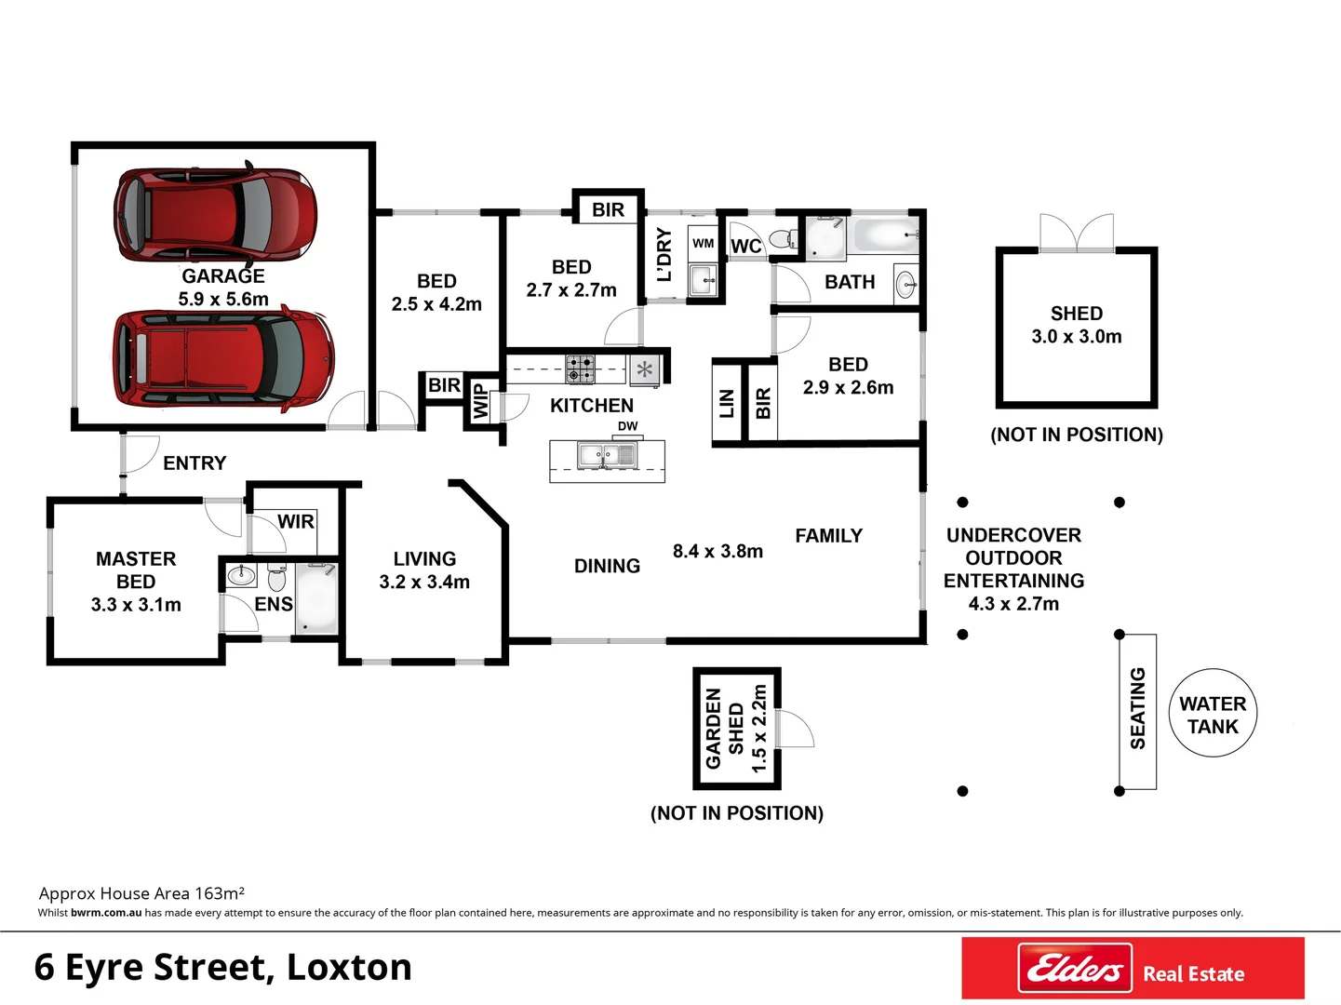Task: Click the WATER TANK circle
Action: pyautogui.click(x=1213, y=715)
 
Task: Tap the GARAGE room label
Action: pyautogui.click(x=223, y=276)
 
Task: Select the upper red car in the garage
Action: pyautogui.click(x=215, y=215)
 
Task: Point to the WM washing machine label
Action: pyautogui.click(x=704, y=244)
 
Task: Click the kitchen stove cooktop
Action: pyautogui.click(x=580, y=369)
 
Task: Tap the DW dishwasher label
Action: pyautogui.click(x=628, y=426)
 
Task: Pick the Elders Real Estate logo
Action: pyautogui.click(x=1133, y=969)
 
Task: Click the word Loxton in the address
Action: pyautogui.click(x=349, y=968)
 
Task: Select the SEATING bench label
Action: pyautogui.click(x=1137, y=708)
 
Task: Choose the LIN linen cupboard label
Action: pyautogui.click(x=727, y=403)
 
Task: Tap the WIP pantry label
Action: pyautogui.click(x=480, y=402)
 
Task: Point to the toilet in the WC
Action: pyautogui.click(x=784, y=239)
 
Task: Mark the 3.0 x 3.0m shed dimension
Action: pyautogui.click(x=1077, y=337)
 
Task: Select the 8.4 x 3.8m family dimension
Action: pyautogui.click(x=717, y=552)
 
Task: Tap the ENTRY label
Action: pyautogui.click(x=194, y=463)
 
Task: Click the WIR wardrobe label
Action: pyautogui.click(x=296, y=522)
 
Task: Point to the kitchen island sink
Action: pyautogui.click(x=607, y=455)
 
